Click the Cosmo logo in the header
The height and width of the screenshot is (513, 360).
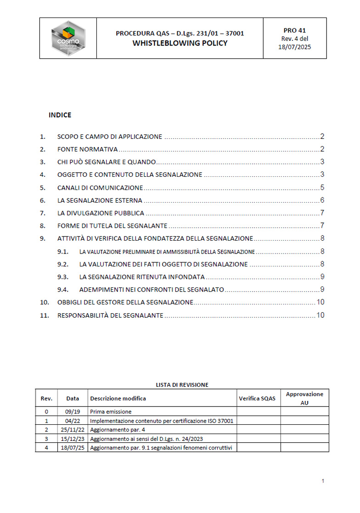point(68,38)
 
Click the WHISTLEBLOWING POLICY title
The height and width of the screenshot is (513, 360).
point(180,43)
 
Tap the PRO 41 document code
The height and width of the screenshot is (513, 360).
point(294,30)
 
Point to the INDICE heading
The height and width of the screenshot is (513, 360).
point(60,115)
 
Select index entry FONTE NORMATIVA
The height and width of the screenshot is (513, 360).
point(87,149)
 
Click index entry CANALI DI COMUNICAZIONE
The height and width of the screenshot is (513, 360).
point(100,187)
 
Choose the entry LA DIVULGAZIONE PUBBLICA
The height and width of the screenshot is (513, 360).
point(101,213)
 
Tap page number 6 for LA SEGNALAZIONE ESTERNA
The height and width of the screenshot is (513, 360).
point(322,200)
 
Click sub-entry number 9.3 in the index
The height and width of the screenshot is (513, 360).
point(62,277)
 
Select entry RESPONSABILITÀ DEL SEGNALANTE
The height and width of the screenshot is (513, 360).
point(110,315)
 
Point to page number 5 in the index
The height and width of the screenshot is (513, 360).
point(322,187)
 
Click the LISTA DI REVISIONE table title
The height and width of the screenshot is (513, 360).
point(182,384)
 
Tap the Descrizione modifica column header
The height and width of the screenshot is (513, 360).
point(118,398)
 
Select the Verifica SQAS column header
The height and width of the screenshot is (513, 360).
point(257,398)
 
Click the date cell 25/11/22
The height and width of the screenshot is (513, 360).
point(73,429)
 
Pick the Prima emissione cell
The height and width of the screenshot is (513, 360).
point(110,412)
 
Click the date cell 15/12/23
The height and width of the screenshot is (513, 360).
point(73,439)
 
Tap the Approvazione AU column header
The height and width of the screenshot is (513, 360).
point(304,398)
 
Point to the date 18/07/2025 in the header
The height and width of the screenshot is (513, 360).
point(294,47)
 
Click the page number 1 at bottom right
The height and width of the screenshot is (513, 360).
point(323,481)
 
